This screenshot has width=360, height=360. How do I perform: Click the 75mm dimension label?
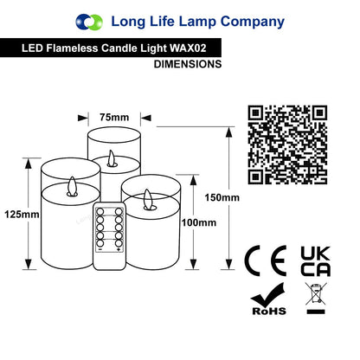[114, 118]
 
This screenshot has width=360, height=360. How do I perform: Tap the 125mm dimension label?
[22, 215]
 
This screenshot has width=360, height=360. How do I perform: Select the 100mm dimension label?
[199, 222]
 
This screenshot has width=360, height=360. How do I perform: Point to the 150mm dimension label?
[222, 197]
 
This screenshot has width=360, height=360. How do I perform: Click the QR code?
[287, 145]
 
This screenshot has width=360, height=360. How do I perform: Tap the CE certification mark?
[265, 260]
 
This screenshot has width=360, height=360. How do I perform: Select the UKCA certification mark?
[315, 261]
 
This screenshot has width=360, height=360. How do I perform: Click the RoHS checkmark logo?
[269, 299]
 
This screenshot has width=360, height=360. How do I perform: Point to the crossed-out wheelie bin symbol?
[316, 299]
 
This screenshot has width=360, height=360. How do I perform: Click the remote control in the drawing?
[110, 236]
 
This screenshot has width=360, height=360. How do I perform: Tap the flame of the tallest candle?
[112, 158]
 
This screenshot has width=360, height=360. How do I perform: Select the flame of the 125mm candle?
[72, 187]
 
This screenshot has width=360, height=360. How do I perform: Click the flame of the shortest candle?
[150, 200]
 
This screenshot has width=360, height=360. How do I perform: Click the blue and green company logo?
[89, 22]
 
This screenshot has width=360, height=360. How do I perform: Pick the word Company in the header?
[253, 22]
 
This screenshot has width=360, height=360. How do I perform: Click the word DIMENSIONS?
[188, 64]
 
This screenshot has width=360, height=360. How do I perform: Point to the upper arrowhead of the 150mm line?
[228, 132]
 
